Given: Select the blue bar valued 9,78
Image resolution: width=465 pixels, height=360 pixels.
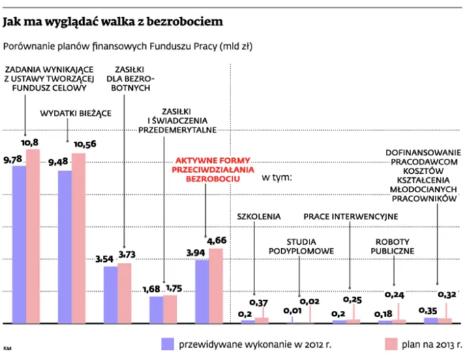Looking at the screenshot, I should pyautogui.click(x=18, y=244).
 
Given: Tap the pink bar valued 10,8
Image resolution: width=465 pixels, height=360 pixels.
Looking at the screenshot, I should pyautogui.click(x=33, y=235).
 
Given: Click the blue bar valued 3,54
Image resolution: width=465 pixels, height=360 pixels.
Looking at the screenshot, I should pyautogui.click(x=110, y=294).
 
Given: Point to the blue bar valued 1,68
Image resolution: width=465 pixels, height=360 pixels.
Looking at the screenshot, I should pyautogui.click(x=156, y=309).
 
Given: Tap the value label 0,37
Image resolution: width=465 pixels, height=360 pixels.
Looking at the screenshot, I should pyautogui.click(x=259, y=303).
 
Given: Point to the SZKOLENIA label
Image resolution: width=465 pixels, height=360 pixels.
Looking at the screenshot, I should pyautogui.click(x=258, y=217).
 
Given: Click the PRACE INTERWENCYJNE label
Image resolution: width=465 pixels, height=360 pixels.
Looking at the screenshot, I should pyautogui.click(x=350, y=217).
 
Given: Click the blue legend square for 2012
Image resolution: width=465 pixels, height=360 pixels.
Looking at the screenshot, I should pyautogui.click(x=166, y=343).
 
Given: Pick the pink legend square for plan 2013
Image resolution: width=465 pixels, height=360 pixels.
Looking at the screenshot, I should pyautogui.click(x=390, y=343).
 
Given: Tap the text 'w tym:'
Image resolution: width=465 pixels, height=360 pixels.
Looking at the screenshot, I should pyautogui.click(x=277, y=178).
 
